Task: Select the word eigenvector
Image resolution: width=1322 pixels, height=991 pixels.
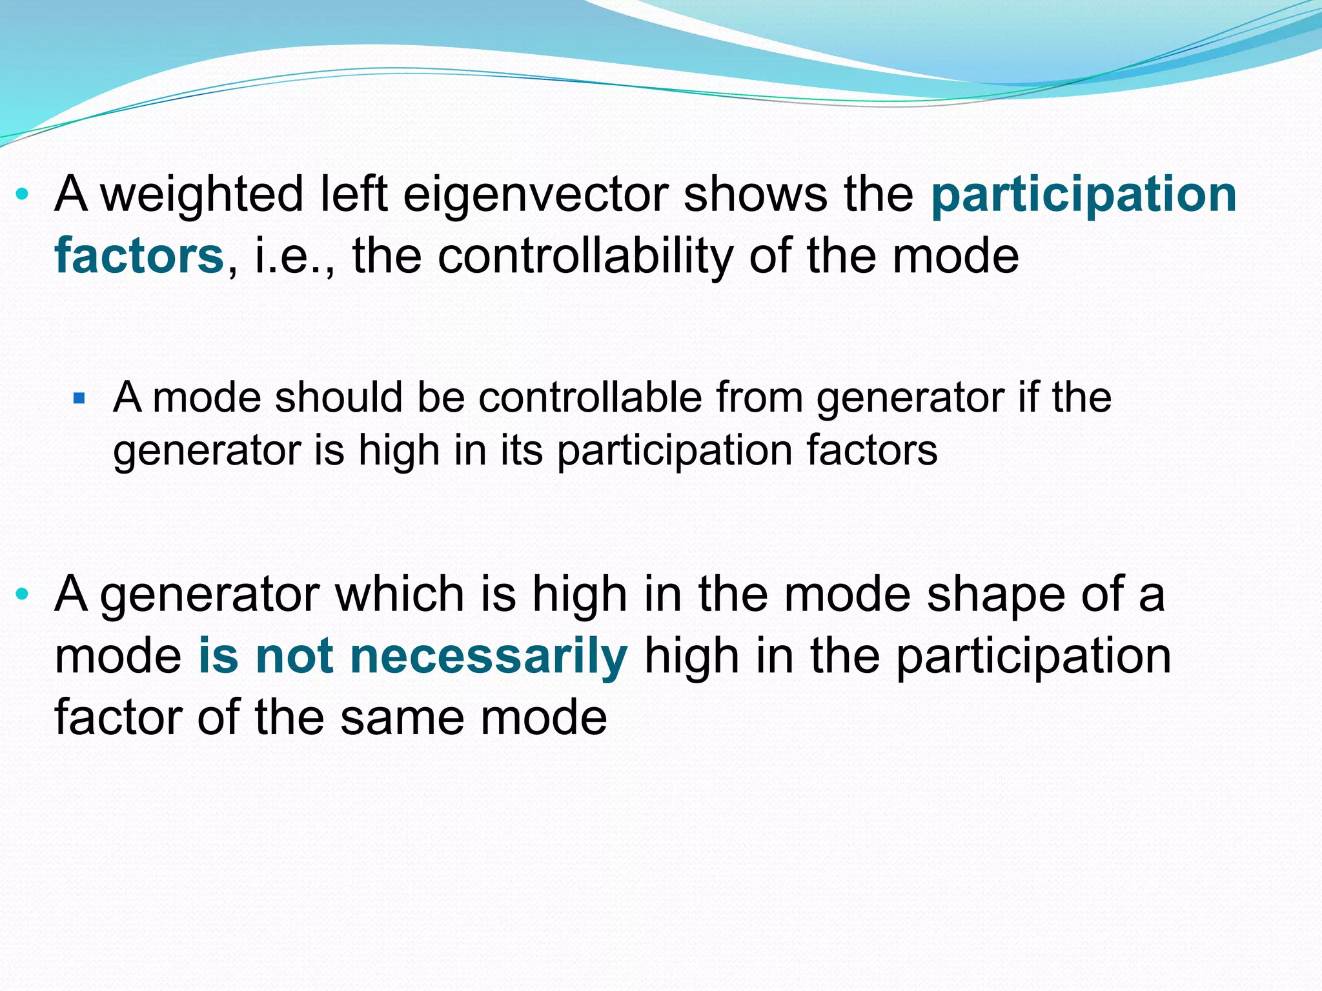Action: [536, 194]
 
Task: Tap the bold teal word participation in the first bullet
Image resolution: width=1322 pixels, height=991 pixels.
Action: [1083, 194]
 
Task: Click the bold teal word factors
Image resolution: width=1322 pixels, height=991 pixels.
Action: [139, 256]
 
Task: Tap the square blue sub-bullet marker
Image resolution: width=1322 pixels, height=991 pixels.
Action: [79, 398]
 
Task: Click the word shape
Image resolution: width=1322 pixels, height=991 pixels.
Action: [995, 594]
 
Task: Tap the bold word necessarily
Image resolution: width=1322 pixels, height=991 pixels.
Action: [488, 656]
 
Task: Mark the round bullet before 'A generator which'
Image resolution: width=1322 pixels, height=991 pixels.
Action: [23, 594]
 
